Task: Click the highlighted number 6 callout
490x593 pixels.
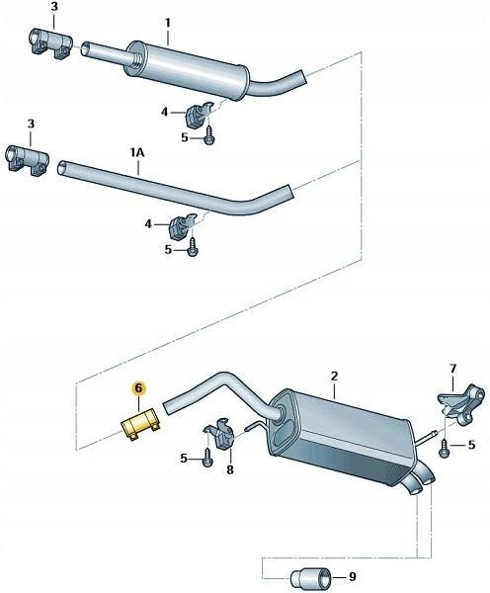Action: [x=138, y=388]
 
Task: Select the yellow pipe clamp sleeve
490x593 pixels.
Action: [x=141, y=425]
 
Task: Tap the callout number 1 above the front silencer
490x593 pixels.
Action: [x=168, y=24]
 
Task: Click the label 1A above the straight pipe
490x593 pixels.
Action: [x=137, y=153]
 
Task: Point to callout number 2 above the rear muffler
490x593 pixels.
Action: [x=334, y=377]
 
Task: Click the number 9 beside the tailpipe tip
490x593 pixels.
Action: [x=353, y=577]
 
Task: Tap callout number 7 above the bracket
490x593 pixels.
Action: [x=452, y=369]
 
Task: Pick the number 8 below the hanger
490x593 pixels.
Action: [x=230, y=469]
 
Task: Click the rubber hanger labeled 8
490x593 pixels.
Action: [x=220, y=434]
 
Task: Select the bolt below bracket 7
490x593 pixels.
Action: [x=444, y=449]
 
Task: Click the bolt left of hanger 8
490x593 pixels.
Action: [x=207, y=458]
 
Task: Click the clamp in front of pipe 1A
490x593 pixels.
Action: [x=28, y=160]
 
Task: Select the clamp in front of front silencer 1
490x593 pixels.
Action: [x=50, y=43]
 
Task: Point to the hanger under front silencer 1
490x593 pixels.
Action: [x=200, y=114]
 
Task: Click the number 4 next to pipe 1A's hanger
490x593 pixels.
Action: [x=148, y=224]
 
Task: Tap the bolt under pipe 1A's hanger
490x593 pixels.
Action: [x=193, y=247]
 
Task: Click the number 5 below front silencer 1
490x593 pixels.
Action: [x=184, y=137]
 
